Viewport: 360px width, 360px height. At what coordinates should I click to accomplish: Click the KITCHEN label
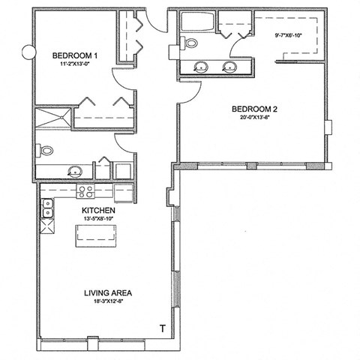(98, 211)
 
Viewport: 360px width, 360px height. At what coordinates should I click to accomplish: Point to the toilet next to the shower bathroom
(46, 151)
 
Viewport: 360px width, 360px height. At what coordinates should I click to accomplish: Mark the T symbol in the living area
(163, 328)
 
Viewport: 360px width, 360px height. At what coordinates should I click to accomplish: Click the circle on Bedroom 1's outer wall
(29, 53)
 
